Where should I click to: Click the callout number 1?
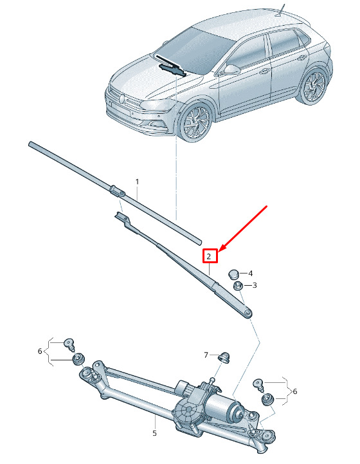pos(137,181)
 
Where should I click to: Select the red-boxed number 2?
pos(210,256)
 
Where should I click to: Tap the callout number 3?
pos(255,285)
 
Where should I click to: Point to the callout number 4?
pos(250,274)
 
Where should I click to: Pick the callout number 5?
pos(154,433)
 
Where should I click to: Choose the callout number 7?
pos(206,355)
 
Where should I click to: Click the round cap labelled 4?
pos(233,274)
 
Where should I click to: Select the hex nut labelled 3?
pos(239,286)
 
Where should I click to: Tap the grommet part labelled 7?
pos(224,357)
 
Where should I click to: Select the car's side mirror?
pos(231,70)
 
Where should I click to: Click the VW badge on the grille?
pos(121,99)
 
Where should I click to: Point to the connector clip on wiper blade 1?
pos(118,190)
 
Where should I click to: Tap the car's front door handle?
pos(264,71)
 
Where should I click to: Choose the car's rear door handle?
pos(301,58)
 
